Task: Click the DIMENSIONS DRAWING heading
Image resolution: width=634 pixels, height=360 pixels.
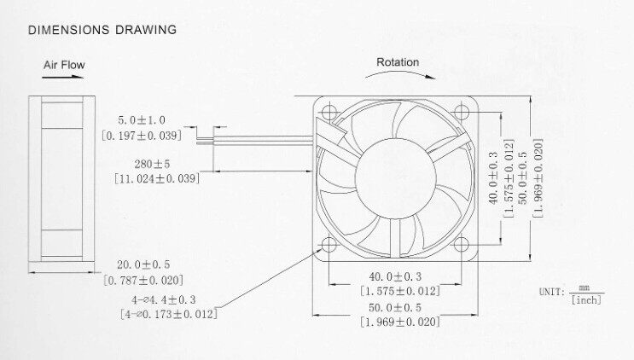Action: (102, 31)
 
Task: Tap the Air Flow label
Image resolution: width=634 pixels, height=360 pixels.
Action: (64, 64)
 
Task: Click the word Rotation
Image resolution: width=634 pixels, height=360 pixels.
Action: (398, 62)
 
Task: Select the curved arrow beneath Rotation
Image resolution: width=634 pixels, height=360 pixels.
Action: (398, 74)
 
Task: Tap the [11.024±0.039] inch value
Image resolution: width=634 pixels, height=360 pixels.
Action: (156, 178)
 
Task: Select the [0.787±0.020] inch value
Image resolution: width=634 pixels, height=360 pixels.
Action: (143, 280)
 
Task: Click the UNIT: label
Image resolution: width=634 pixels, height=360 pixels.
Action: (551, 292)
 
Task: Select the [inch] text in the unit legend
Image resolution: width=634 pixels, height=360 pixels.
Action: (585, 299)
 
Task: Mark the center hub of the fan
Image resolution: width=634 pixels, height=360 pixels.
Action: (394, 177)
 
